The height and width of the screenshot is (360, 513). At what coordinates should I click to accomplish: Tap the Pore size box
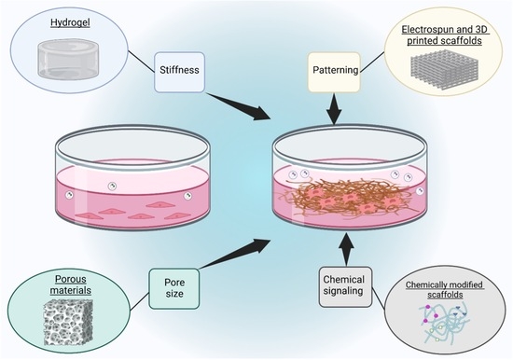pyautogui.click(x=174, y=289)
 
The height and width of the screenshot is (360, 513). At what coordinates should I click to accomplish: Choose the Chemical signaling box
pyautogui.click(x=345, y=287)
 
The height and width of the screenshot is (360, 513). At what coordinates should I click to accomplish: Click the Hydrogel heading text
pyautogui.click(x=70, y=23)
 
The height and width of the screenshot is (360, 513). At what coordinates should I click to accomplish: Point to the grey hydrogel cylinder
pyautogui.click(x=68, y=60)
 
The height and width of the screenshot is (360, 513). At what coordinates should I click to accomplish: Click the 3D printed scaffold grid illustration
pyautogui.click(x=444, y=68)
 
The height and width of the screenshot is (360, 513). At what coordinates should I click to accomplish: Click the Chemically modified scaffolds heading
pyautogui.click(x=445, y=290)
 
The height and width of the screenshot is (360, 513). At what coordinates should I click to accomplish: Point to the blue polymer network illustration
pyautogui.click(x=445, y=324)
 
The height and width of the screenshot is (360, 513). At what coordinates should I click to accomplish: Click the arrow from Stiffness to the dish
pyautogui.click(x=240, y=106)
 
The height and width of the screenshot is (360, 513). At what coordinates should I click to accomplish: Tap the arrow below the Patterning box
pyautogui.click(x=334, y=109)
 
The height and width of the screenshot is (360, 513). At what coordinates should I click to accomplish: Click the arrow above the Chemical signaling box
pyautogui.click(x=346, y=249)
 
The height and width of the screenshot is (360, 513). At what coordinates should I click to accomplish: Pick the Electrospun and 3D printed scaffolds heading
pyautogui.click(x=444, y=35)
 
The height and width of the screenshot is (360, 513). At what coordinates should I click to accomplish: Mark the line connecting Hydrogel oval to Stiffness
pyautogui.click(x=141, y=62)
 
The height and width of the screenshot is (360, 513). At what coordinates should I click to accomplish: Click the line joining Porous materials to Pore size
pyautogui.click(x=140, y=301)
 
